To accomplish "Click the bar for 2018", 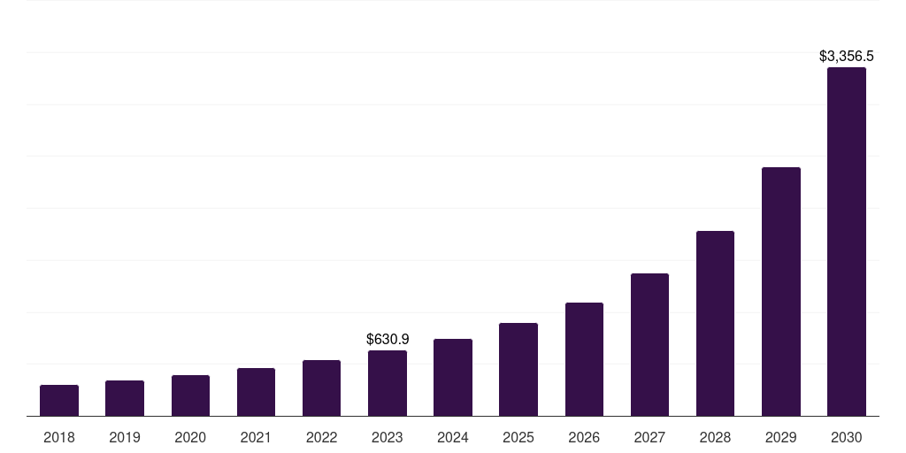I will (x=59, y=400).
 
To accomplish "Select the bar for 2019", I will (x=125, y=398).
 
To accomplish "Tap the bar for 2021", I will (x=256, y=392).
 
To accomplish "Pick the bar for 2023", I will (x=388, y=383).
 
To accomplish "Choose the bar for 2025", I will (x=518, y=369).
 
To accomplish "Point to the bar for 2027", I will (x=649, y=344).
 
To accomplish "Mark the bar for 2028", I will (x=715, y=323).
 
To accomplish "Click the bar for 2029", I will (x=780, y=291).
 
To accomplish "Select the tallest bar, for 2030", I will (x=847, y=242).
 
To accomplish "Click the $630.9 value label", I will (x=388, y=339).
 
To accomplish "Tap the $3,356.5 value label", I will (x=847, y=57).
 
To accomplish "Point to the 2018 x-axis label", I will (x=59, y=437).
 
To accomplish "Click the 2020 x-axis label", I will (x=190, y=437).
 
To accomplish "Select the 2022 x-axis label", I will (x=321, y=437).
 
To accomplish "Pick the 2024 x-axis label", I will (x=453, y=437).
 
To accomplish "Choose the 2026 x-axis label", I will (x=584, y=437).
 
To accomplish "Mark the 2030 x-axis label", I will (x=847, y=437).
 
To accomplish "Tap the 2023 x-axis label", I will (x=388, y=437).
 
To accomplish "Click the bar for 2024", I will (x=453, y=377).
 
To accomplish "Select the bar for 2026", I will (x=584, y=359).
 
